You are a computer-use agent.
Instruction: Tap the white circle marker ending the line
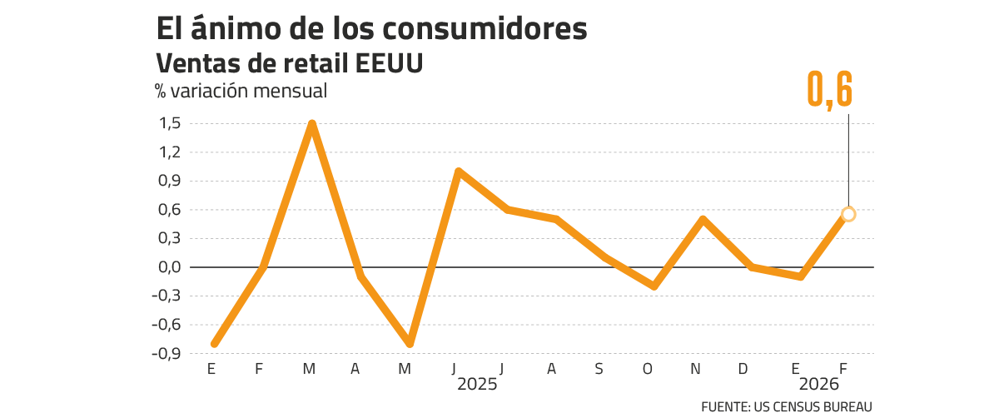coord(848,214)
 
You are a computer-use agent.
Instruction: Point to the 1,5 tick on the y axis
coord(170,123)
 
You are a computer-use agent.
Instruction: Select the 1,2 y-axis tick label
coord(170,152)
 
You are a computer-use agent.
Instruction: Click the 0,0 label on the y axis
coord(170,267)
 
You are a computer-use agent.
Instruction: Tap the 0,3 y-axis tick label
coord(170,238)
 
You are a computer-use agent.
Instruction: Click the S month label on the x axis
coord(599,369)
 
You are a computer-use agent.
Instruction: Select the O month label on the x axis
coord(648,369)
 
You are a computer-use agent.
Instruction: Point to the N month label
coord(696,369)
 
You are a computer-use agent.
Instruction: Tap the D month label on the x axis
coord(743,369)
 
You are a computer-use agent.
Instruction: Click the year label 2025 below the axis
coord(477,386)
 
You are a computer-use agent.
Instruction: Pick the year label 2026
coord(821,386)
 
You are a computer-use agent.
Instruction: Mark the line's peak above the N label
coord(703,219)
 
